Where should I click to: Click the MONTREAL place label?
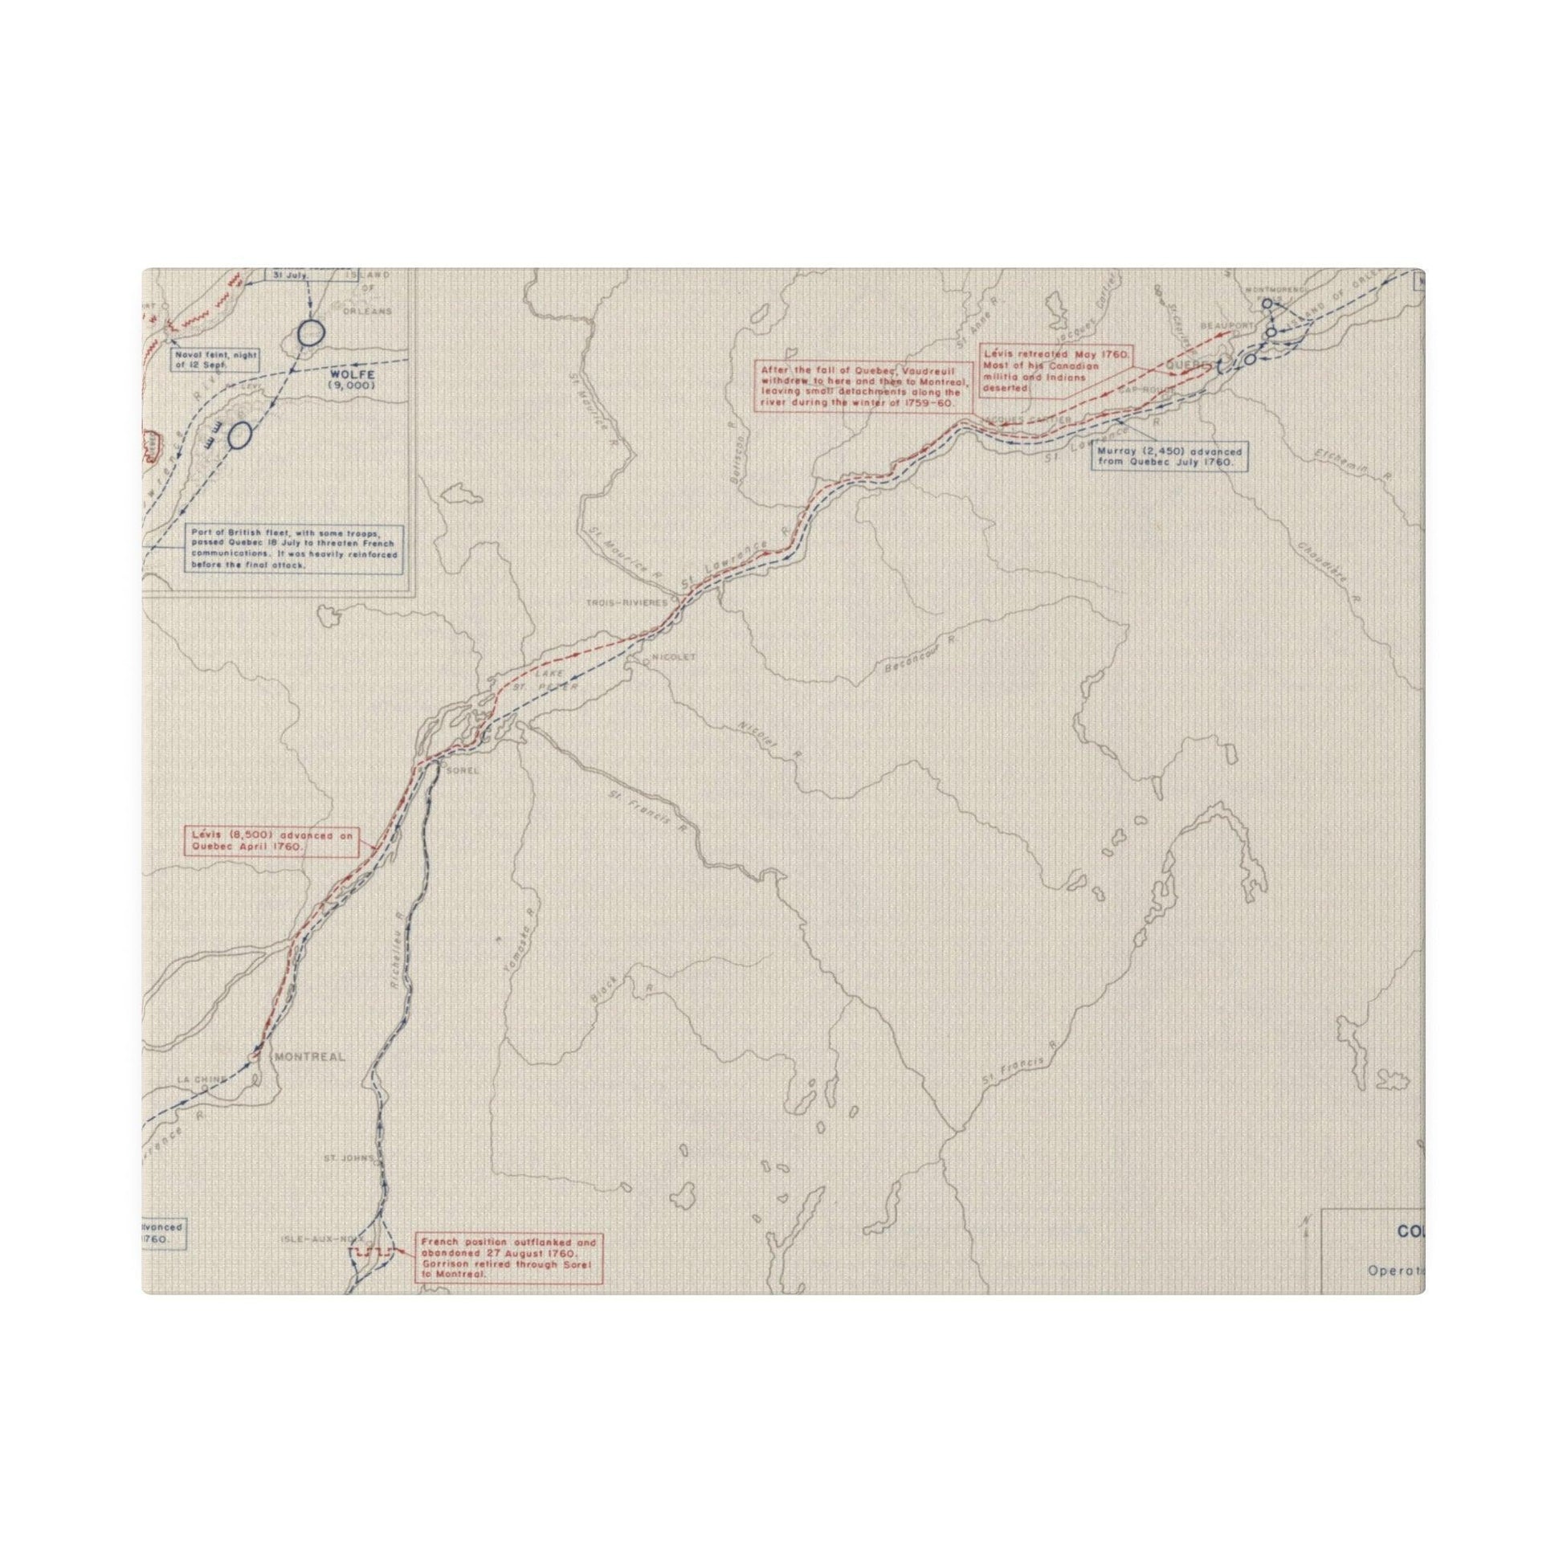[x=310, y=1056]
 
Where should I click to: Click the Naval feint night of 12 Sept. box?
[x=214, y=359]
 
